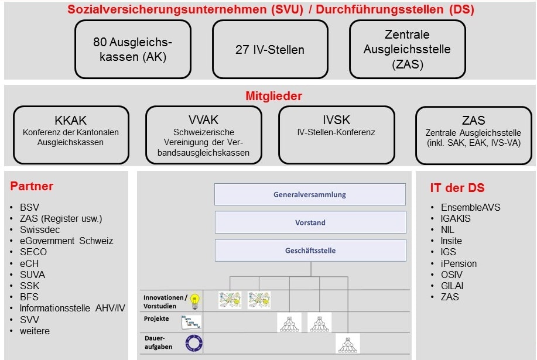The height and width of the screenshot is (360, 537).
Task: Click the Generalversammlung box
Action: pos(310,194)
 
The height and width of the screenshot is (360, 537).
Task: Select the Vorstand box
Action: pos(310,222)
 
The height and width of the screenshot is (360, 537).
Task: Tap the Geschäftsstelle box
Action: pos(310,251)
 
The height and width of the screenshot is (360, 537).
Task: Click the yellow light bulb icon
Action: pos(195,301)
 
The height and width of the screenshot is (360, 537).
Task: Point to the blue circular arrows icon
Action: pos(194,343)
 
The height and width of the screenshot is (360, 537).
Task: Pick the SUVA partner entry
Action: pos(33,275)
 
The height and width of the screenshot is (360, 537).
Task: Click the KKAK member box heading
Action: pos(70,121)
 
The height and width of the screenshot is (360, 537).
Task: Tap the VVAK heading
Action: pos(203,120)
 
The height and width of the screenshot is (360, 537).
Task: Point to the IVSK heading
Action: pos(336,120)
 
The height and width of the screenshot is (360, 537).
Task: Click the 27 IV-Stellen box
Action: pos(270,49)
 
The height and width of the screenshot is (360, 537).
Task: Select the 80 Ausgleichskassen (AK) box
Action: pos(133,49)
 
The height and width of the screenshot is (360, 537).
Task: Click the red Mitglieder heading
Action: pos(273,96)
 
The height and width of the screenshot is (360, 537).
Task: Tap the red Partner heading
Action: pos(32,186)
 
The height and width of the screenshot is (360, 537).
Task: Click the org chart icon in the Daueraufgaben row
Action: pos(348,344)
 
